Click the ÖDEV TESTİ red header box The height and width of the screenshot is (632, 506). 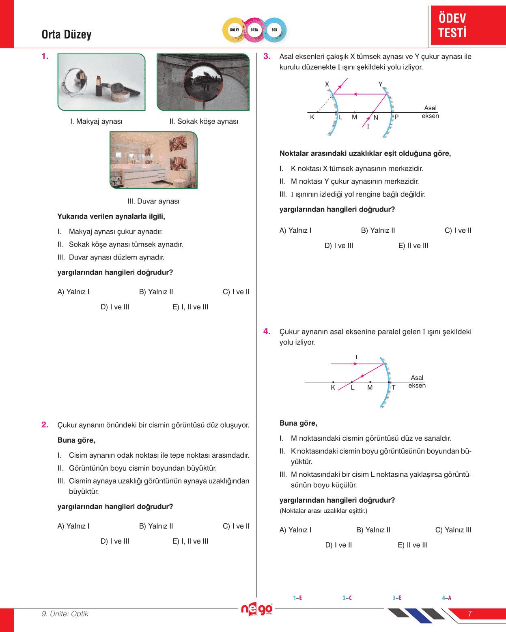click(x=468, y=25)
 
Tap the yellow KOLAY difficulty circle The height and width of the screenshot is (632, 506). click(x=235, y=30)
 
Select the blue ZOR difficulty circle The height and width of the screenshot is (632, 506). click(x=274, y=30)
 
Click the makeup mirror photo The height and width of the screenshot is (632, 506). click(x=101, y=82)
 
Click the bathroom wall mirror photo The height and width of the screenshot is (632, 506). click(x=153, y=160)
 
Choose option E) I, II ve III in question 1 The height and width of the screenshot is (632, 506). click(x=190, y=307)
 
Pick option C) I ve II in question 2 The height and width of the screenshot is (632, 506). click(x=236, y=526)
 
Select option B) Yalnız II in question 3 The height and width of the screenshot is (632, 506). click(x=378, y=231)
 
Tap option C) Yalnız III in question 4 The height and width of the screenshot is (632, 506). click(x=453, y=530)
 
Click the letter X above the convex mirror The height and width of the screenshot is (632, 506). click(x=327, y=84)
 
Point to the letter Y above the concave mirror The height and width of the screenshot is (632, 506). click(x=381, y=84)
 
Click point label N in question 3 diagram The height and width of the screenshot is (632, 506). click(x=376, y=118)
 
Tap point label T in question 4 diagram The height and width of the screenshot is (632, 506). click(x=393, y=388)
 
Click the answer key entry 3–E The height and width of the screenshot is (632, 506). click(x=397, y=598)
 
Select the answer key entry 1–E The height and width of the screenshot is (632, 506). click(x=297, y=598)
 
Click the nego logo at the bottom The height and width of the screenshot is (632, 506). click(x=256, y=609)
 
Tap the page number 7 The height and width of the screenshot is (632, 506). click(x=470, y=614)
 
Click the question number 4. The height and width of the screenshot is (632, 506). click(x=267, y=332)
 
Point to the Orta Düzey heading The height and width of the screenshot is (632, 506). click(x=67, y=34)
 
